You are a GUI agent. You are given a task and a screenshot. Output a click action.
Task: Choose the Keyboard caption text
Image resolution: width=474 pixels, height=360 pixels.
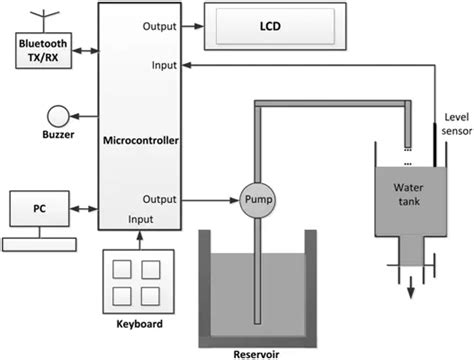(x=137, y=325)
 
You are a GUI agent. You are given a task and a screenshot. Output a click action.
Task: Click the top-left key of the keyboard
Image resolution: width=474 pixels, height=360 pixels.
(x=125, y=271)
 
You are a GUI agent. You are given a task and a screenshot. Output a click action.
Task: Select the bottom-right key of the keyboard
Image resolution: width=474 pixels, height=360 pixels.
(x=151, y=296)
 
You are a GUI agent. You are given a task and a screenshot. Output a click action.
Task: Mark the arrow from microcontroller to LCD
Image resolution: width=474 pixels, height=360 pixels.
(x=191, y=27)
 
